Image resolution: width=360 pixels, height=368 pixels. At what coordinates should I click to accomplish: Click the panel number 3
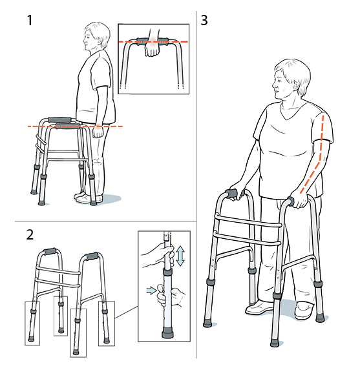click(205, 20)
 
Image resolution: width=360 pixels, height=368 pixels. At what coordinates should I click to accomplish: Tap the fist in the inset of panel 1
click(152, 49)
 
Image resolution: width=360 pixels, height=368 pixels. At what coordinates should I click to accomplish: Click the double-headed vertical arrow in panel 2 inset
click(181, 255)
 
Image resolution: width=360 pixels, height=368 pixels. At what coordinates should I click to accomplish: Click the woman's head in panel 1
click(96, 37)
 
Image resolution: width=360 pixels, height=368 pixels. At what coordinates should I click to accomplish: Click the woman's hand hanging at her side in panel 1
click(97, 132)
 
